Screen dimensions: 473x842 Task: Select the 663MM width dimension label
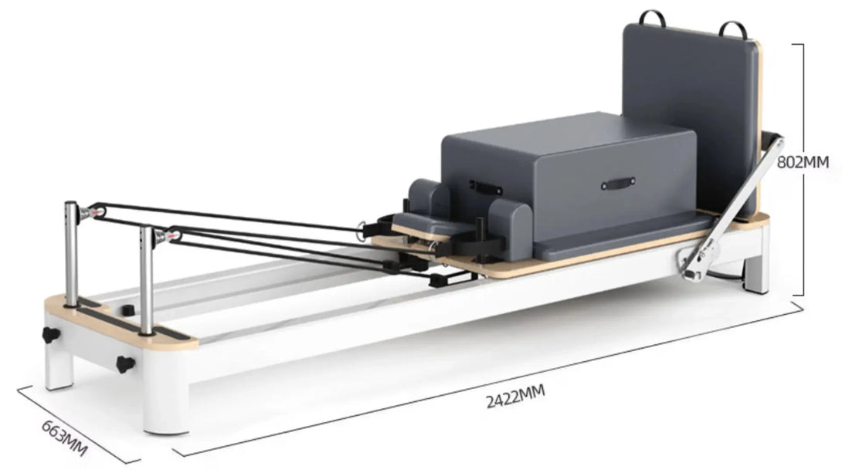[64, 438]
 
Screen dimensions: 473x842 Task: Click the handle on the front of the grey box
[618, 184]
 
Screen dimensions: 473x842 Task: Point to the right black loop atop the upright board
[733, 29]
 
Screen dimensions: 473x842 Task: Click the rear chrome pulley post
[71, 253]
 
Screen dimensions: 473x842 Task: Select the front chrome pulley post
[145, 280]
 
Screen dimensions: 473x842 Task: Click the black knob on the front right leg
[124, 363]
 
